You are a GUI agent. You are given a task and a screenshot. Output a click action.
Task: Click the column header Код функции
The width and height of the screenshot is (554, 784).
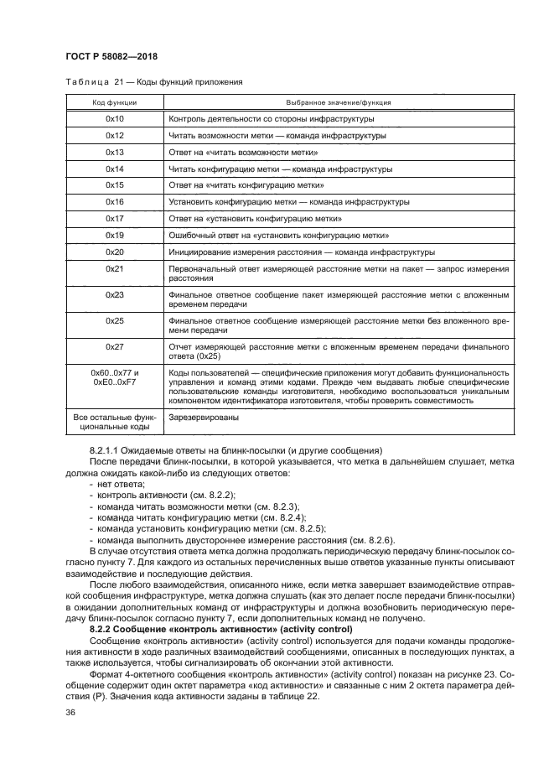click(x=115, y=102)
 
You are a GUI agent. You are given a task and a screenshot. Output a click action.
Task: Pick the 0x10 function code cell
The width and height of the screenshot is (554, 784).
click(x=115, y=119)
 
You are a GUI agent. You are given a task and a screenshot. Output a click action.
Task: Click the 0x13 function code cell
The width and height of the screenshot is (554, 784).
click(x=115, y=152)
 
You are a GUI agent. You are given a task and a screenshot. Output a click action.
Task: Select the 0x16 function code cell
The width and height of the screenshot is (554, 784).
click(x=115, y=201)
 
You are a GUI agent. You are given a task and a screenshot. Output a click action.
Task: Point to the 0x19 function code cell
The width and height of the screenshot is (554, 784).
click(x=115, y=235)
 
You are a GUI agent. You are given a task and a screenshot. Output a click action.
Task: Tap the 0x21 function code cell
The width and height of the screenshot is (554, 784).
click(x=115, y=268)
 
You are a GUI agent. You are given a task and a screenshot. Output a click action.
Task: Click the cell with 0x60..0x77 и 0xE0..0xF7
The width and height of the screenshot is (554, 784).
click(x=115, y=377)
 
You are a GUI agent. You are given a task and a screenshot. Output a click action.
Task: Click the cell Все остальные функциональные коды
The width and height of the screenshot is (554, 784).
click(x=115, y=421)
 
